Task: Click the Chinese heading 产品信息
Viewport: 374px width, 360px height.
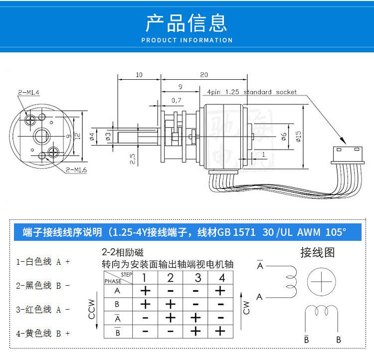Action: [x=187, y=22]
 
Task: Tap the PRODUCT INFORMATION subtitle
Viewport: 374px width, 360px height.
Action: [x=187, y=40]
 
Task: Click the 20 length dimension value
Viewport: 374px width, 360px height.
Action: [x=203, y=74]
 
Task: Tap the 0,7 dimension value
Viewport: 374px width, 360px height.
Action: [x=176, y=101]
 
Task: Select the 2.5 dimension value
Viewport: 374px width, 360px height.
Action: [x=133, y=159]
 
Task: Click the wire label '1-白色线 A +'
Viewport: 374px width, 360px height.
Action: [x=43, y=261]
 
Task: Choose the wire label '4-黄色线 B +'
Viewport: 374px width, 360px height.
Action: [x=43, y=334]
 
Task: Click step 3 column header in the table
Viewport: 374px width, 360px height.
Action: [x=198, y=278]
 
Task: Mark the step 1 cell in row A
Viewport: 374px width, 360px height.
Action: [x=145, y=291]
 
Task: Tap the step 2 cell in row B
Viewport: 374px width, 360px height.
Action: [x=171, y=304]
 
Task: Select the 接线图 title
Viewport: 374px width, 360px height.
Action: [x=317, y=252]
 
